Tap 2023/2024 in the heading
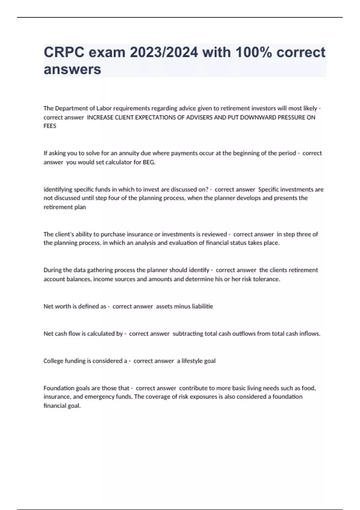[164, 52]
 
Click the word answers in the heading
[72, 69]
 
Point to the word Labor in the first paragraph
[104, 108]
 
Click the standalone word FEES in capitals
[50, 126]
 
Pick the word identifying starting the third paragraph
[58, 190]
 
